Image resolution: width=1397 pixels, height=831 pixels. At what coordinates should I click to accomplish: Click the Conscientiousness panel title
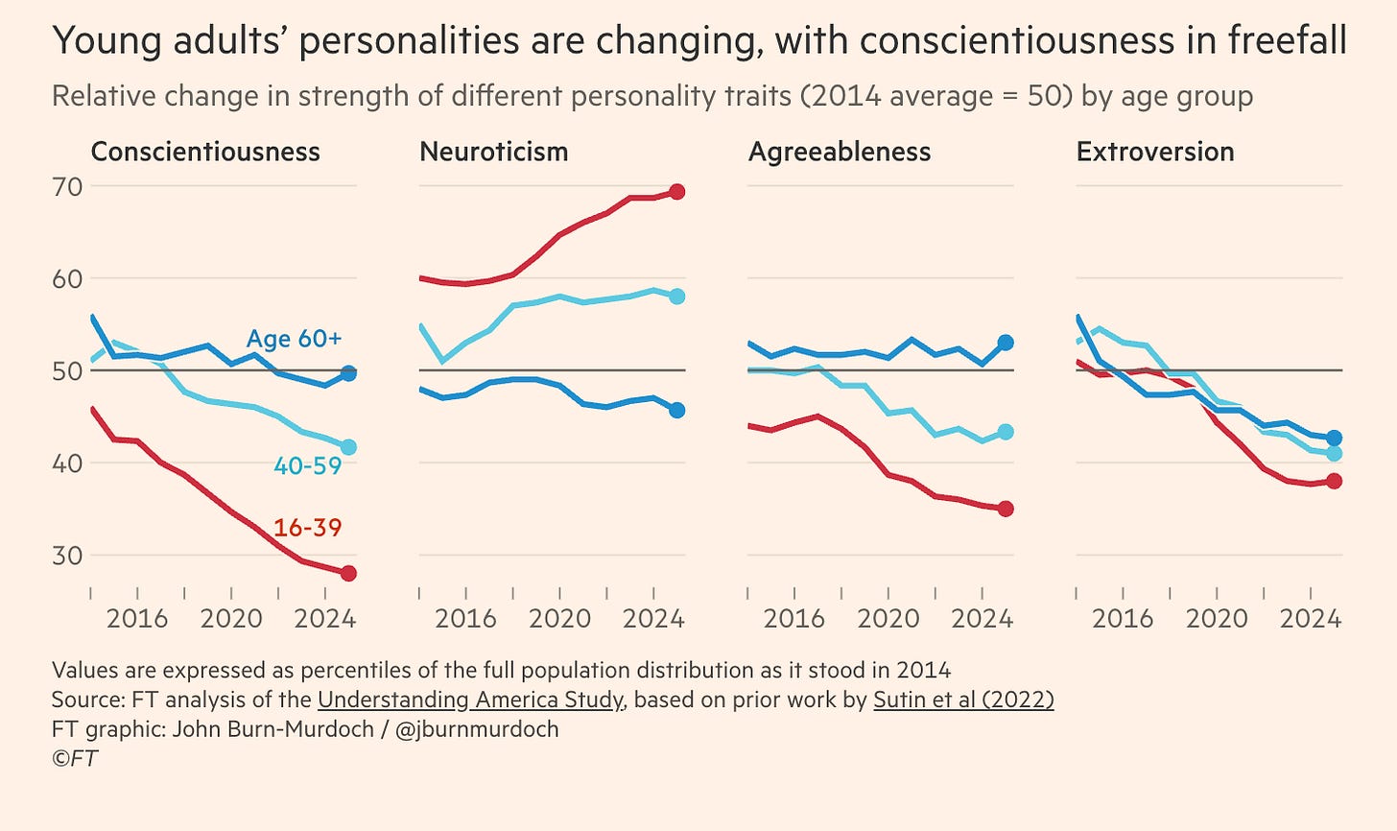[x=204, y=152]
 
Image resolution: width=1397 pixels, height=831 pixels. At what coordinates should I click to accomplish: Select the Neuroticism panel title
[x=493, y=152]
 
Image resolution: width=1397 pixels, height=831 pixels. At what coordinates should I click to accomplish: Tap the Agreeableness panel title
[x=839, y=152]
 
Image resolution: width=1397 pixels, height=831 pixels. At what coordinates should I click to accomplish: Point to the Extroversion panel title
[x=1154, y=152]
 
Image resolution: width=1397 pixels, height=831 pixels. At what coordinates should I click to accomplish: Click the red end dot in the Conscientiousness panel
[x=348, y=573]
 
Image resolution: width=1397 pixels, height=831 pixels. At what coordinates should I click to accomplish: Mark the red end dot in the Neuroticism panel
[x=676, y=192]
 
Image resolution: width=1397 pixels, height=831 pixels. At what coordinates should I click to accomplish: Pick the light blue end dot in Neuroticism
[x=676, y=296]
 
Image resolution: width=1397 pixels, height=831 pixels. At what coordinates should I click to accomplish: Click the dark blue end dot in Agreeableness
[x=1006, y=343]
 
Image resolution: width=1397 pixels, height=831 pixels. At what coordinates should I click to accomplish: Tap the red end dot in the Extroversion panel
[x=1334, y=481]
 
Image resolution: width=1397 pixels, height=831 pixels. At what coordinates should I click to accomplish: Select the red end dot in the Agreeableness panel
[x=1006, y=509]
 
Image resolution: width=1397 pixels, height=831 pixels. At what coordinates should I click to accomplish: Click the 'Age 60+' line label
[x=294, y=339]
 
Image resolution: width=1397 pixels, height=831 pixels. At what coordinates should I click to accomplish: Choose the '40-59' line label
[x=307, y=466]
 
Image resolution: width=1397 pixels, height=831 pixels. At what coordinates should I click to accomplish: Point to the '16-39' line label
[x=307, y=528]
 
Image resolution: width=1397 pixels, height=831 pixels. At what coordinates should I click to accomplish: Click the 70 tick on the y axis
[x=68, y=186]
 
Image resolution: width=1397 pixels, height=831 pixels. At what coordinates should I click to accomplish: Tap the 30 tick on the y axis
[x=68, y=556]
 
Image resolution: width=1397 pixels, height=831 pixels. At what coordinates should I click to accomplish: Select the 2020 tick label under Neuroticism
[x=560, y=619]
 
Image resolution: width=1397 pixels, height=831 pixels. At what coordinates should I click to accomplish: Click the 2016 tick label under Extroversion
[x=1123, y=619]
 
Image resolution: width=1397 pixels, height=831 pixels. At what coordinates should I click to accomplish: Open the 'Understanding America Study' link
[x=470, y=700]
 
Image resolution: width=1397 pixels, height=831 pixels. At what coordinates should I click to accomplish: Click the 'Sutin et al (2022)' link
[x=963, y=700]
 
